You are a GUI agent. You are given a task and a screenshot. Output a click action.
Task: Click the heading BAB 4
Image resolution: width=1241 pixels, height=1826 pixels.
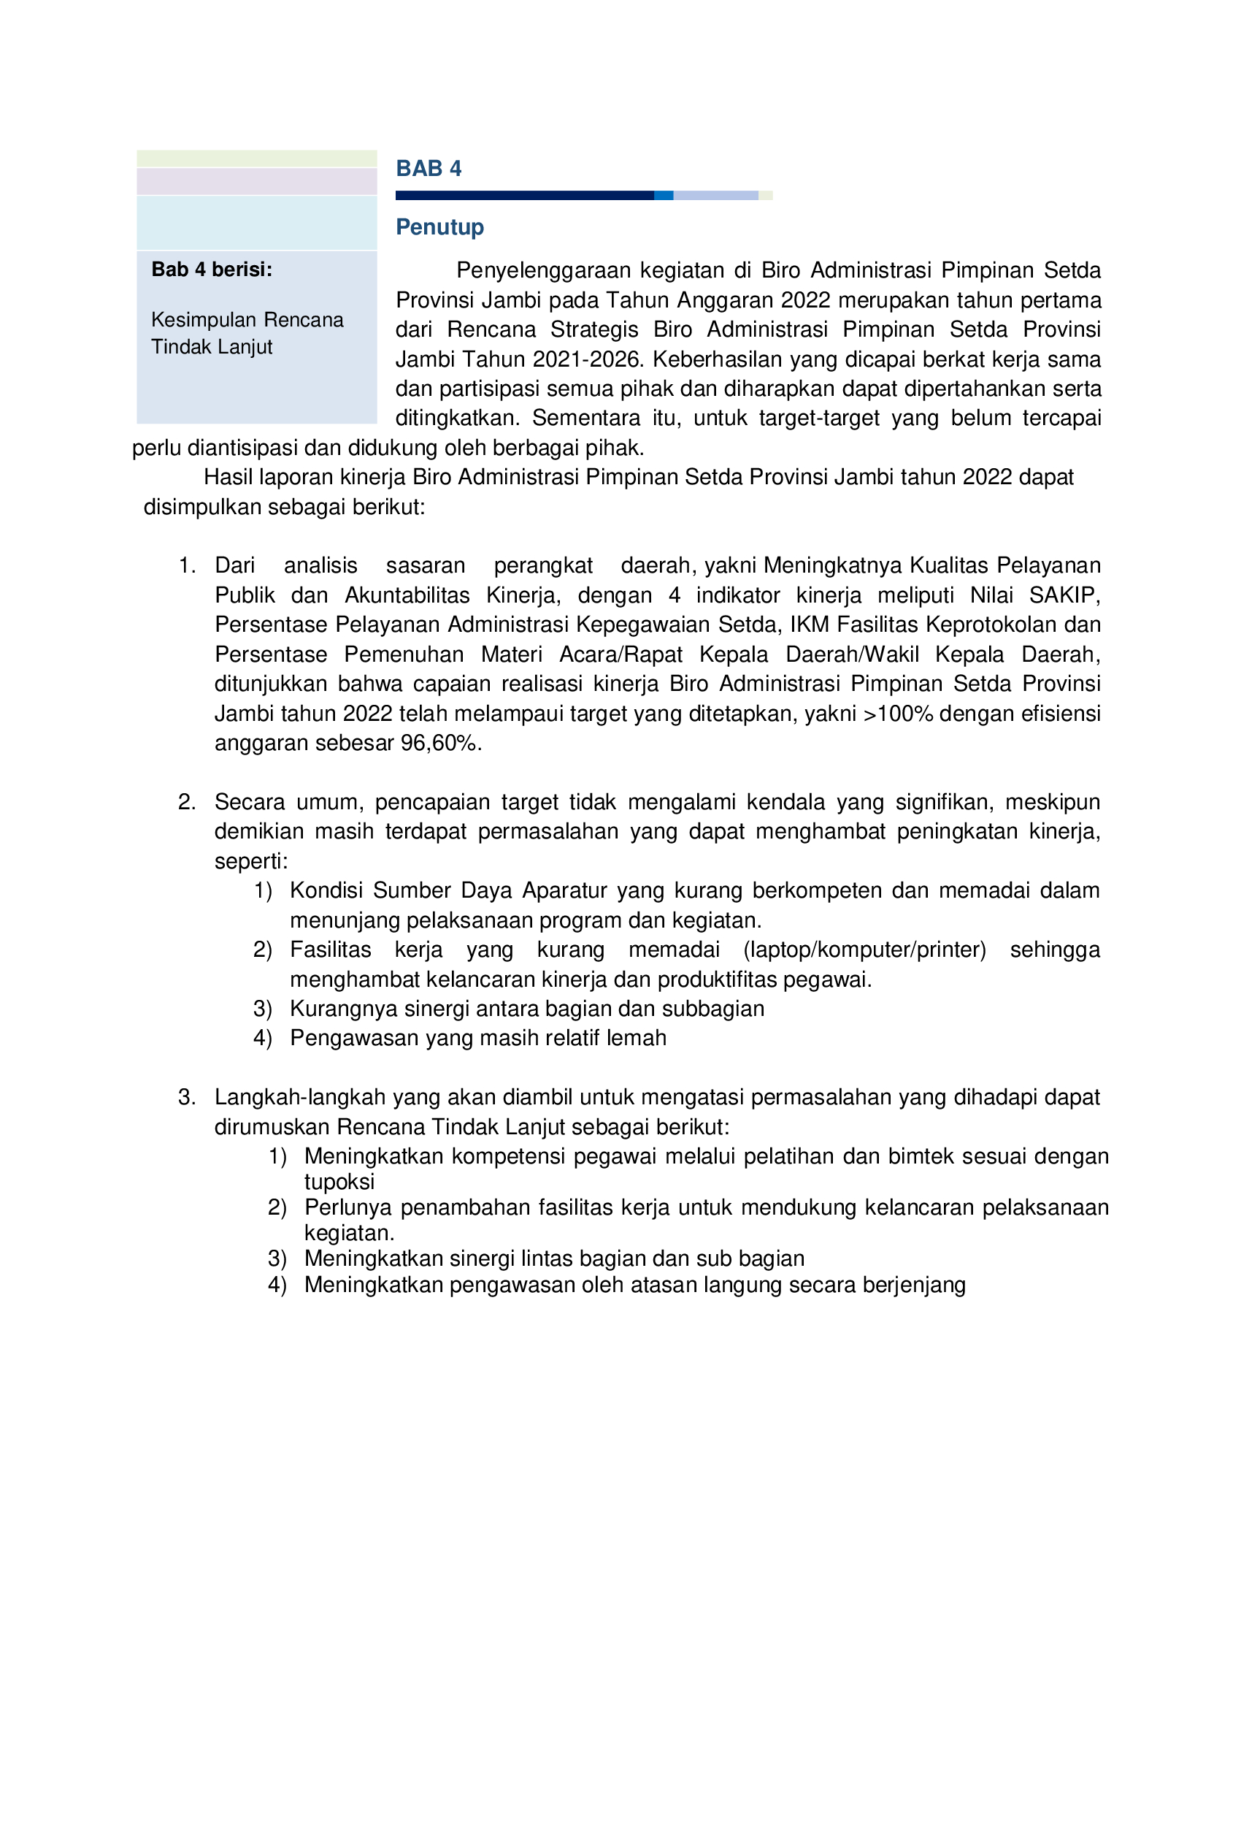(x=428, y=168)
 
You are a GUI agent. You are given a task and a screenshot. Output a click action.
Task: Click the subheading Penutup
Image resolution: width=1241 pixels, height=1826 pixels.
(x=439, y=227)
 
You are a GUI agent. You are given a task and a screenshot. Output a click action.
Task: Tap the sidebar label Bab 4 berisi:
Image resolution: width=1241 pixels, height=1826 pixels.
(x=211, y=270)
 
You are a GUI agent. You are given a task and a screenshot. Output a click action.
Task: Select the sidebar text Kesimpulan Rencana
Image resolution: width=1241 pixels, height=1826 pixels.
(x=247, y=320)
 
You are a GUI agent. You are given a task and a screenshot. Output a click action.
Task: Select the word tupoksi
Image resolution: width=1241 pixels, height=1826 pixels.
(x=339, y=1182)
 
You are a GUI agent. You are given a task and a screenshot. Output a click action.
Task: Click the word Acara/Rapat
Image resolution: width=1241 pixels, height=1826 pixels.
(x=620, y=654)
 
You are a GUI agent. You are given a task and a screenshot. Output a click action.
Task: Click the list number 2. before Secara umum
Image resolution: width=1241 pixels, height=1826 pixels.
(x=186, y=801)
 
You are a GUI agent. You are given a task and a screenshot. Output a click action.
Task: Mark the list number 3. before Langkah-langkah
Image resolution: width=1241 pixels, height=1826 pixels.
(x=186, y=1097)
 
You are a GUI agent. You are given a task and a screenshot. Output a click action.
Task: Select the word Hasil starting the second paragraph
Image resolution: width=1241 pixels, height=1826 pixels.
(x=228, y=477)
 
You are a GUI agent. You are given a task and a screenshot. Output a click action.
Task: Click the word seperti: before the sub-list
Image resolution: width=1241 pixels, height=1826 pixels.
(x=250, y=861)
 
